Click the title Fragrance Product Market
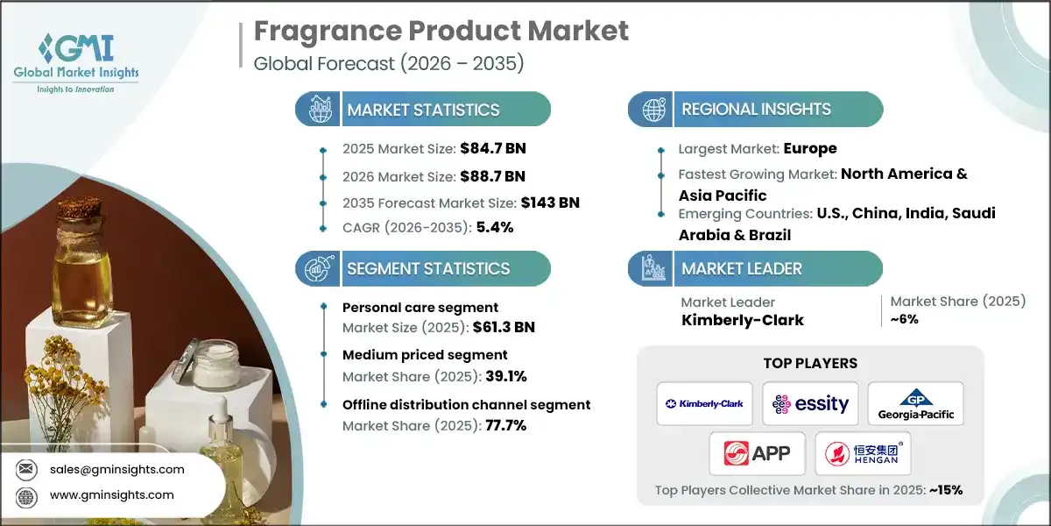pos(441,31)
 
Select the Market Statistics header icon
pos(316,110)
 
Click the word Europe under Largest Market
pos(810,148)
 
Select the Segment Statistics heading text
pos(428,269)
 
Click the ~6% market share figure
pos(905,319)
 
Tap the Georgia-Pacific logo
pos(915,404)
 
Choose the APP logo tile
pos(758,453)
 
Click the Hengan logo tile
pos(862,453)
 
